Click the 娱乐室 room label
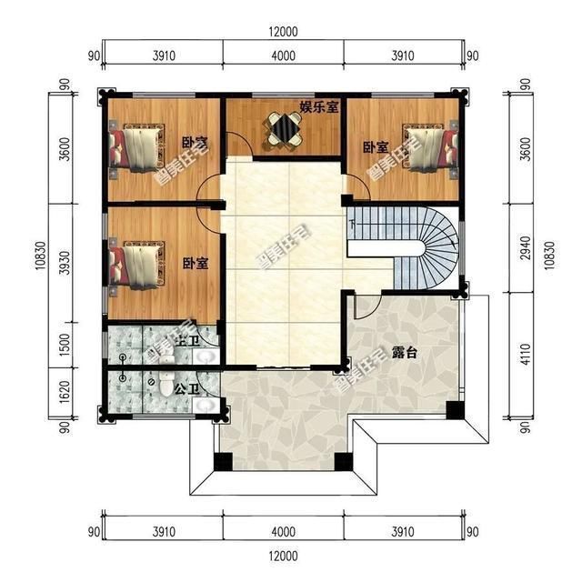319,106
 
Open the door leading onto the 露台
361,306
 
